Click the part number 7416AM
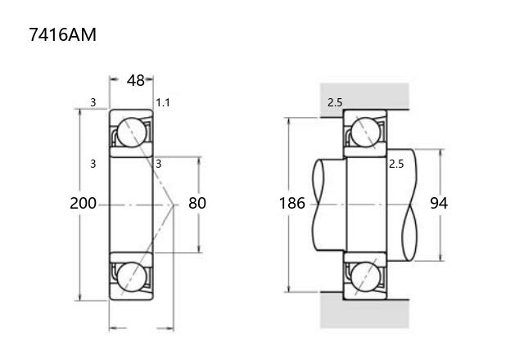62,34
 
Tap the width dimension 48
135,80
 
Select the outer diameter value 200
83,203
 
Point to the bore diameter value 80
197,203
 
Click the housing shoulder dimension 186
292,203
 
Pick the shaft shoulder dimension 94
439,203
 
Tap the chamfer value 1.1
163,102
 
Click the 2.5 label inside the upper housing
335,102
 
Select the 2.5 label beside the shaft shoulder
396,164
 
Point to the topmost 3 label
93,102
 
